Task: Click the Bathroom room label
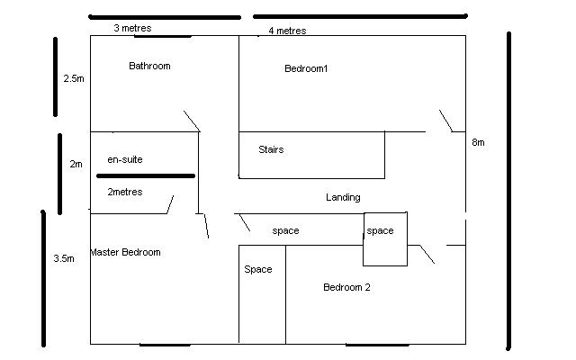pos(149,66)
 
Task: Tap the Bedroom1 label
pos(306,68)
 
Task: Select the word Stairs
pos(271,149)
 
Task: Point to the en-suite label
pos(125,159)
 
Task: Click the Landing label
pos(343,197)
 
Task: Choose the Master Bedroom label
pos(125,252)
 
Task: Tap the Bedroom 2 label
pos(346,287)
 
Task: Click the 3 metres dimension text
pos(132,28)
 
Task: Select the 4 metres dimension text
pos(287,31)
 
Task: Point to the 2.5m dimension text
pos(74,79)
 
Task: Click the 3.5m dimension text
pos(64,258)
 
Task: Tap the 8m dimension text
pos(478,143)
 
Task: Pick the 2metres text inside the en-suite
pos(124,192)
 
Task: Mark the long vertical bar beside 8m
pos(508,191)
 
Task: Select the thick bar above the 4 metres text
pos(360,15)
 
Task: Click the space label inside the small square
pos(380,230)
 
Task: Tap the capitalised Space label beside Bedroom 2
pos(258,269)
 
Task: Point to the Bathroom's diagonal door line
pos(192,121)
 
